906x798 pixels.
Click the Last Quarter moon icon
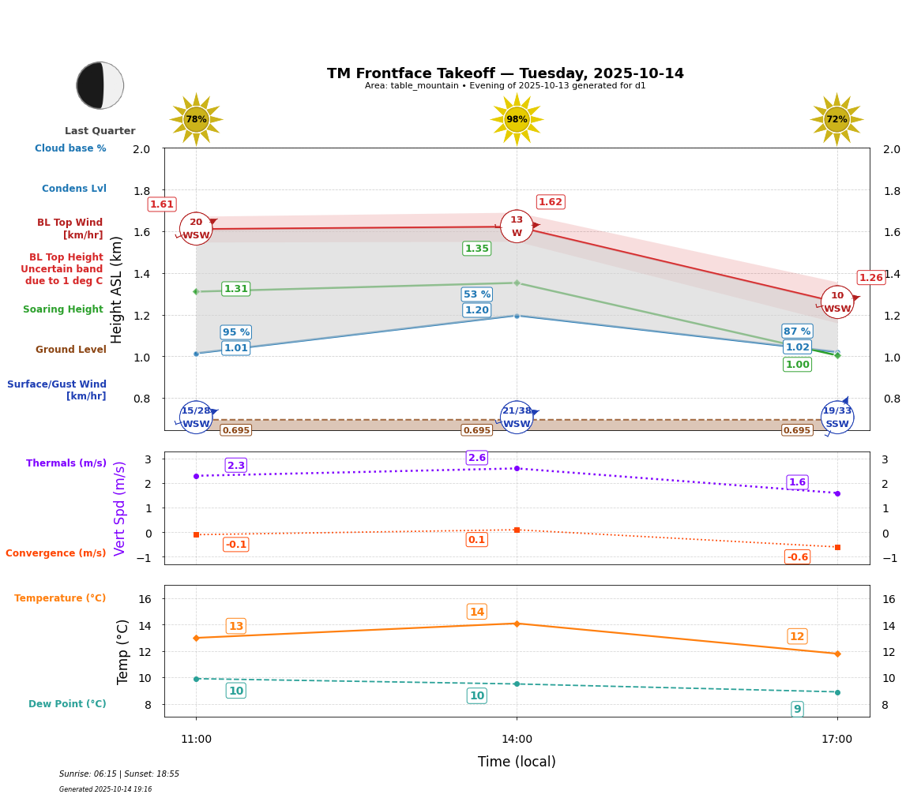pos(100,85)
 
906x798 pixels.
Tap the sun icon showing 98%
pos(517,119)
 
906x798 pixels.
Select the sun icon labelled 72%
pos(836,119)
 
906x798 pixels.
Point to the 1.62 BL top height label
pos(551,202)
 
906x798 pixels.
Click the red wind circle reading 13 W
pos(517,227)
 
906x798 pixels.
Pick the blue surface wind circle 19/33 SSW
pos(837,418)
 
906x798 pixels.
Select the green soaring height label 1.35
pos(477,249)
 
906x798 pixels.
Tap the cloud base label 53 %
pos(477,294)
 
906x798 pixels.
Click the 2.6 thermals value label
pos(477,458)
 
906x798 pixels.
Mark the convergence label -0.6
pos(798,557)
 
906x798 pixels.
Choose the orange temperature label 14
pos(477,612)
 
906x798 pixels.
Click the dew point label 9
pos(798,709)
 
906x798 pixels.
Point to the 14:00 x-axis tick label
pos(517,740)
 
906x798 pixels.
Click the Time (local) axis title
pos(517,762)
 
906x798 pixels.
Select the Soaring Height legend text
pos(63,309)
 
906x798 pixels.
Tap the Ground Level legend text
pos(70,350)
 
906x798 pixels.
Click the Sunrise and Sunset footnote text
pos(119,774)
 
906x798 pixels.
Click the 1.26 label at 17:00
pos(871,278)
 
